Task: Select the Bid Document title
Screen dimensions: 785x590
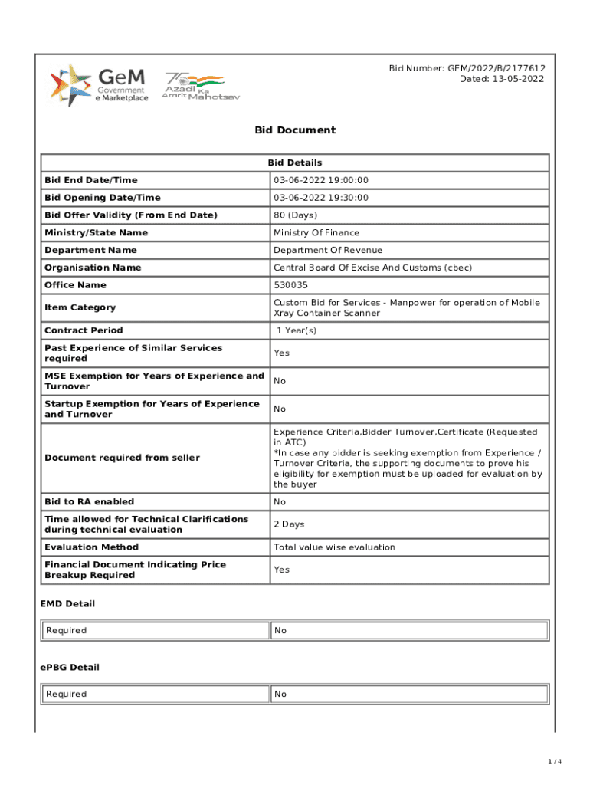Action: [x=295, y=130]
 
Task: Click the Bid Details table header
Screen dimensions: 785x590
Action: [x=295, y=163]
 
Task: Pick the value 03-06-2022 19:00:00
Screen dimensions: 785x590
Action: [x=321, y=180]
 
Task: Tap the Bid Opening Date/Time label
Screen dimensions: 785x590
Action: [x=103, y=198]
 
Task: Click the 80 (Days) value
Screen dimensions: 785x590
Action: [x=295, y=215]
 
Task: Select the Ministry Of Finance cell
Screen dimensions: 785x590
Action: [x=316, y=233]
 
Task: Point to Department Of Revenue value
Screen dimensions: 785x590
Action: [x=328, y=251]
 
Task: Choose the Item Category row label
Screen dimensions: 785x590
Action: [x=80, y=307]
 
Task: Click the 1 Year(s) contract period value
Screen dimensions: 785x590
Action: [x=297, y=330]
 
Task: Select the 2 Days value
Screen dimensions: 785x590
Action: [x=289, y=524]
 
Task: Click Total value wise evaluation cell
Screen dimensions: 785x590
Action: [x=334, y=547]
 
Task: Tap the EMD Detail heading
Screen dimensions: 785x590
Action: [x=67, y=604]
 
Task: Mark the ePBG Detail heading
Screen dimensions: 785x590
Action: [x=70, y=668]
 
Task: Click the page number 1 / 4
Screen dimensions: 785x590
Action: [x=556, y=761]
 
